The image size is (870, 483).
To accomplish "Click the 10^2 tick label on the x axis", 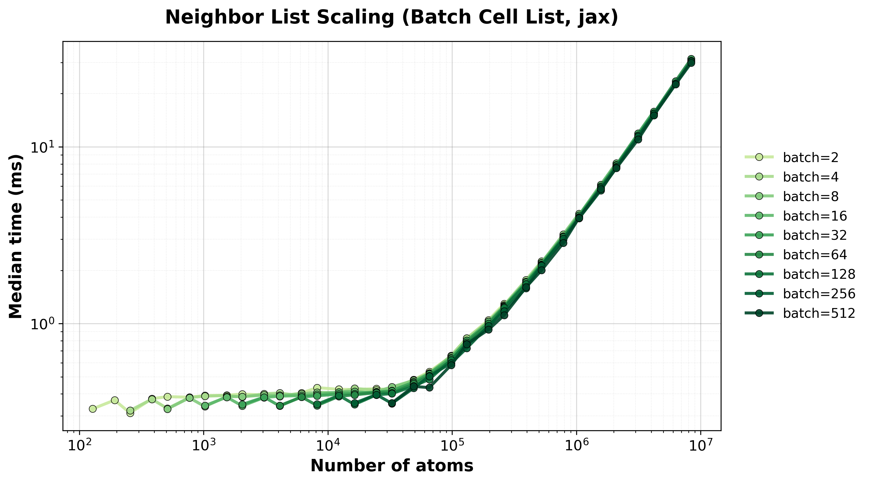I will tap(79, 445).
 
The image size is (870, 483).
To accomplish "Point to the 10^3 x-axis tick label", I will tap(203, 445).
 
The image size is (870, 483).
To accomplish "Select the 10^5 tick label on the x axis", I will tap(452, 445).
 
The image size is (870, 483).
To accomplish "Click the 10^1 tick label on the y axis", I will tap(44, 147).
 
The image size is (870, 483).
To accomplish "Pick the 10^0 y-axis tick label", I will tap(44, 324).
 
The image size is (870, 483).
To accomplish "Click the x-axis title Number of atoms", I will tap(392, 466).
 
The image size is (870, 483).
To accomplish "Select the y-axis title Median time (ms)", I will tap(15, 236).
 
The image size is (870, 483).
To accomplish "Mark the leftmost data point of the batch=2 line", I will tap(93, 409).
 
